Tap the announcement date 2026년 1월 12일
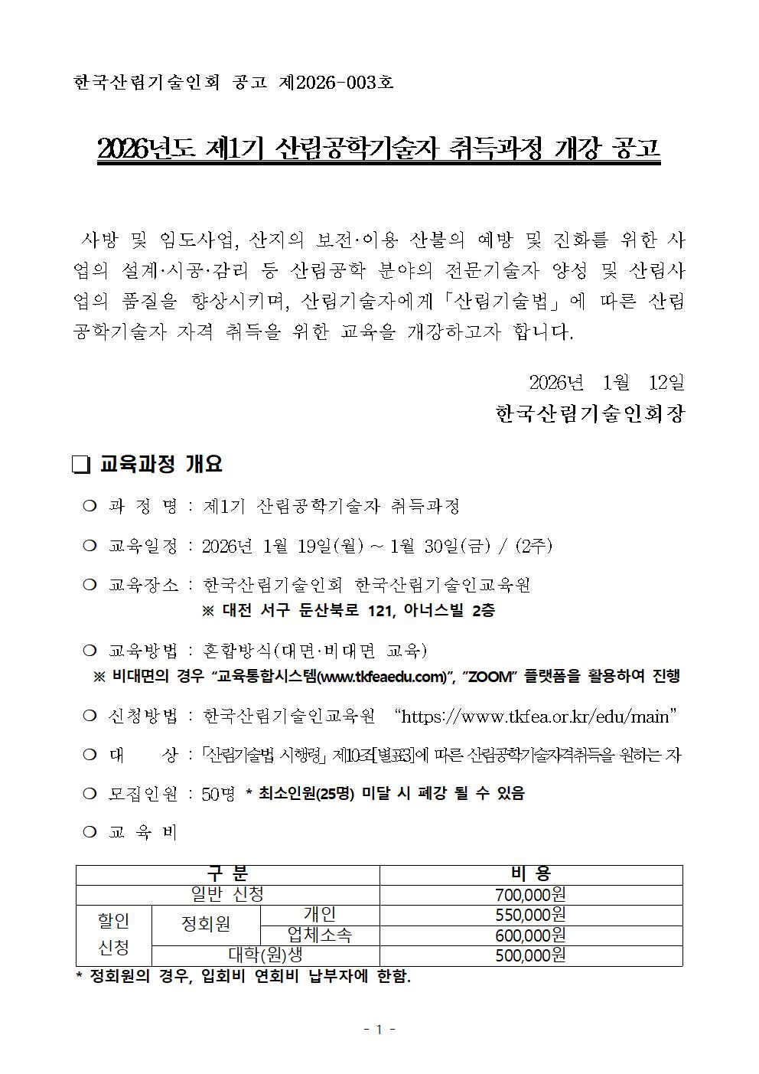click(607, 381)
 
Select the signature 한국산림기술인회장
click(590, 414)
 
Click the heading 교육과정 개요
click(161, 464)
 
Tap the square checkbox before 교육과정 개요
click(80, 465)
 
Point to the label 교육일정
click(143, 546)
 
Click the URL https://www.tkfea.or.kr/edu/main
click(535, 717)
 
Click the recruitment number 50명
click(218, 794)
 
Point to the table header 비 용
click(530, 874)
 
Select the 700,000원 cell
click(530, 895)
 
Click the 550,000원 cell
click(530, 915)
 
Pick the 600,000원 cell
click(530, 935)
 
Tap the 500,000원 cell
click(530, 955)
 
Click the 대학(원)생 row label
click(265, 955)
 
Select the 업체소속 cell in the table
click(320, 935)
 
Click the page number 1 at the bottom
click(379, 1030)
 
